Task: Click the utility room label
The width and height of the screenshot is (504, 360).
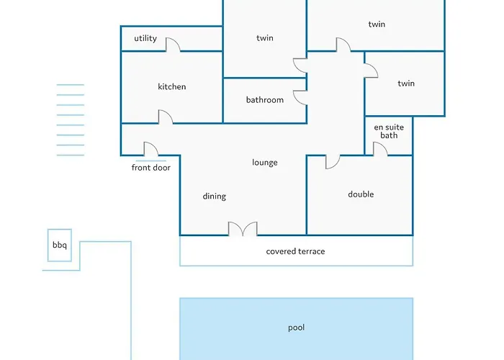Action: pos(145,38)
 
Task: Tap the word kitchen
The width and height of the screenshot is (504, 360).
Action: pos(171,86)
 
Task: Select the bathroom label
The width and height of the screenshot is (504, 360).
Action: pos(265,100)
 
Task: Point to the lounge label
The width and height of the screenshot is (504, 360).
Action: pos(264,163)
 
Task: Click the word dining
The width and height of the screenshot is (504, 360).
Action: pos(214,197)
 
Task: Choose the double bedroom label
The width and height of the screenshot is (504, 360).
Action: pos(361,194)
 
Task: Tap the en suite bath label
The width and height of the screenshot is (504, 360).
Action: pos(389,132)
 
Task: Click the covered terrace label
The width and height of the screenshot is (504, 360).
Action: pos(295,251)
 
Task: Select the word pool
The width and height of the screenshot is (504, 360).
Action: pos(296,328)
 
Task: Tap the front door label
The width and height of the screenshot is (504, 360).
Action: pos(150,168)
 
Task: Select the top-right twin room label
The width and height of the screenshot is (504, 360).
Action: pos(377,24)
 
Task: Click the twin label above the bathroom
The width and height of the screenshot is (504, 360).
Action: pos(265,38)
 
